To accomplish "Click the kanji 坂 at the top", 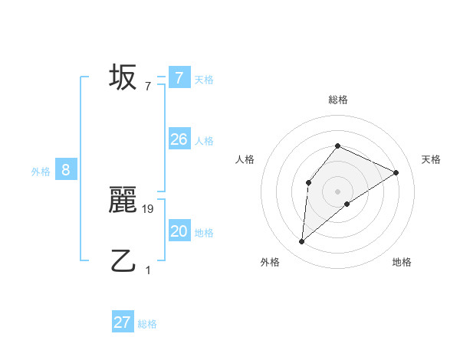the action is tap(123, 77).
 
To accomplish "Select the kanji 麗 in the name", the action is tap(123, 200).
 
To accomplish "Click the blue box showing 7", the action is tap(179, 77).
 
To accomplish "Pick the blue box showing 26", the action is tap(179, 139).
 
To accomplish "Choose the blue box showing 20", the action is tap(179, 231).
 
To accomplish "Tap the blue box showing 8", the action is tap(66, 170).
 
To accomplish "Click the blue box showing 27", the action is tap(123, 322).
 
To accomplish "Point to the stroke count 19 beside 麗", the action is tap(149, 208).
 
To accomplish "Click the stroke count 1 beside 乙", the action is tap(148, 270).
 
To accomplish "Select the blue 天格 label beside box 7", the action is tap(204, 79).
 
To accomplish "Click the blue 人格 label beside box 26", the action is tap(204, 141).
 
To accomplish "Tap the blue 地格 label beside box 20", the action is tap(204, 233).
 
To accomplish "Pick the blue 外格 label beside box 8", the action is tap(41, 172).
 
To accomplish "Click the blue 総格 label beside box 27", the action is tap(147, 324).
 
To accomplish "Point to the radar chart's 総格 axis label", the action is tap(337, 100).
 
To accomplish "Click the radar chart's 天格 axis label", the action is tap(431, 159).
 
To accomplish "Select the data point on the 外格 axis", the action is tap(302, 242).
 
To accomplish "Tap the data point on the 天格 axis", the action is tap(396, 172).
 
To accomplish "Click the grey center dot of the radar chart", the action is tap(337, 191).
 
